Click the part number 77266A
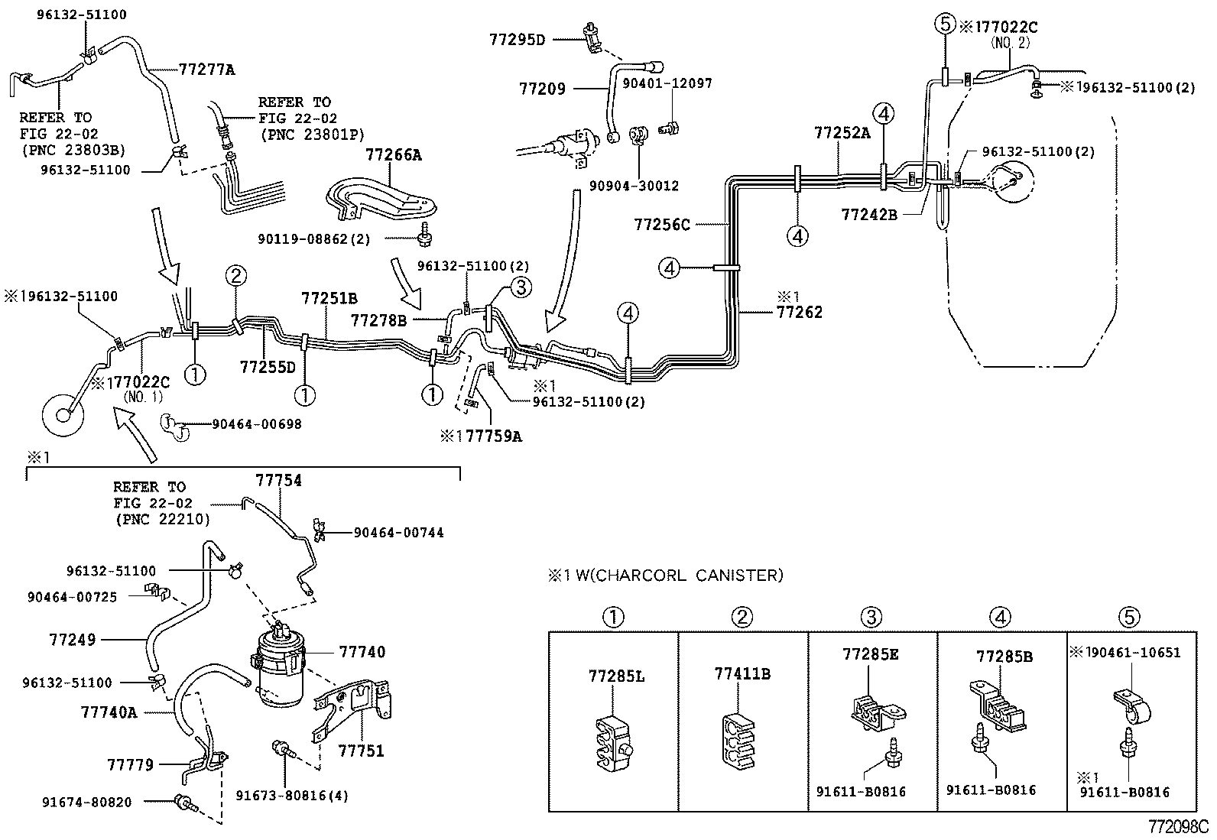(393, 154)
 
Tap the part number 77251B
(329, 298)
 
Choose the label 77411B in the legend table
(742, 673)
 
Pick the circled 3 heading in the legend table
(871, 617)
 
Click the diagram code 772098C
(1177, 827)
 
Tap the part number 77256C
(661, 224)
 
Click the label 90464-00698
(256, 423)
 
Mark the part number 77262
(800, 312)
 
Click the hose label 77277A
(206, 70)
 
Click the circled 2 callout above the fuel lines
(236, 275)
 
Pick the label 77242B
(869, 215)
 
